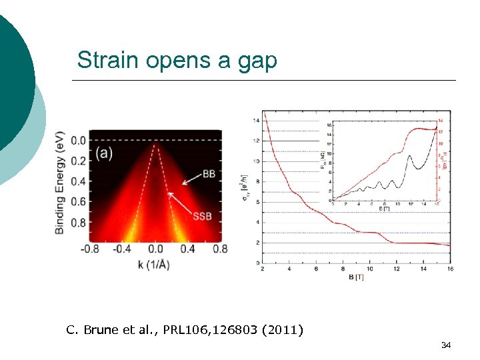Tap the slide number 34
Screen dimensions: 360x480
446,345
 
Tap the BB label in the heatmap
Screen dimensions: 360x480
209,173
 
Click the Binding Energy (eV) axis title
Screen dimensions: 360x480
60,181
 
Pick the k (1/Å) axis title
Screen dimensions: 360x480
155,265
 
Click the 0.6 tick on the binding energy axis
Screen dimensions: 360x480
79,202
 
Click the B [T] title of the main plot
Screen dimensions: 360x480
355,277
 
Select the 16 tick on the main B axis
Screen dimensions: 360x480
450,269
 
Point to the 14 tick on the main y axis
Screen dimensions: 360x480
257,121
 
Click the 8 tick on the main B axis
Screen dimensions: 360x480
343,269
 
